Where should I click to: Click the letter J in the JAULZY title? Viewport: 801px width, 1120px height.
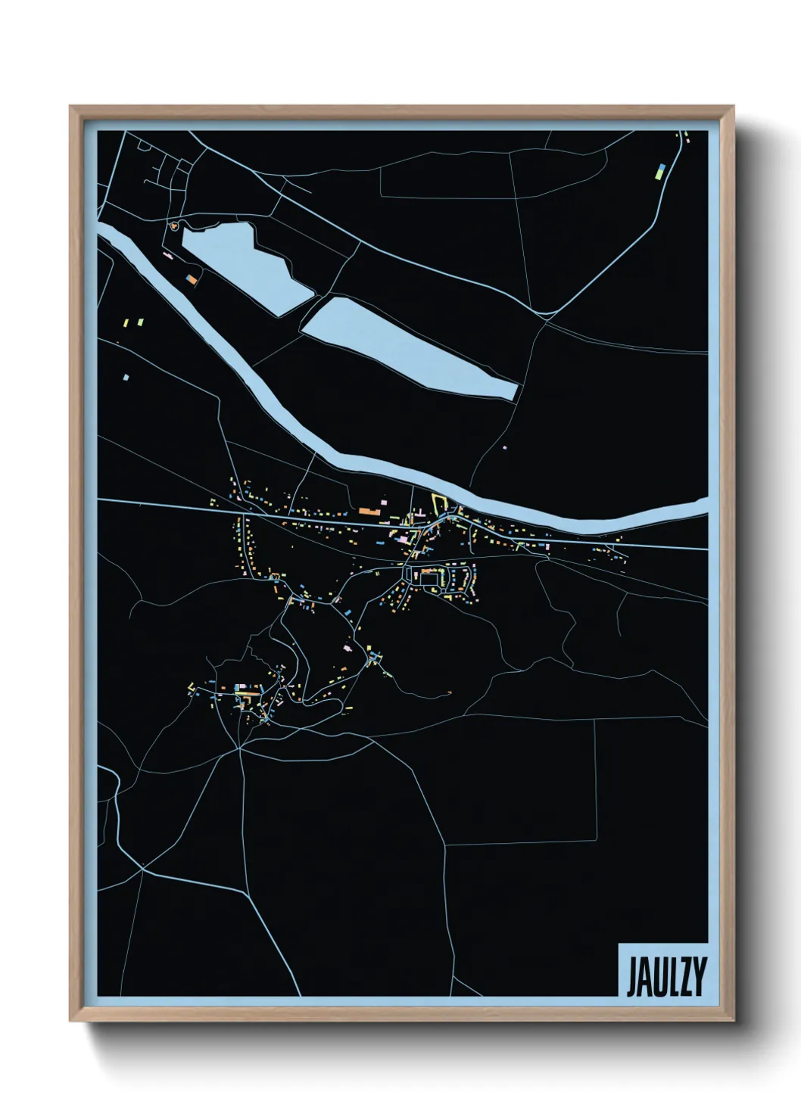coord(632,977)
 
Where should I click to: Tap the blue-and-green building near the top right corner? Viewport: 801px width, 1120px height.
coord(660,170)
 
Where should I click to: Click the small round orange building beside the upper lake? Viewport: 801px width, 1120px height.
coord(175,225)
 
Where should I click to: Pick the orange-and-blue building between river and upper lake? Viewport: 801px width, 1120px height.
coord(192,280)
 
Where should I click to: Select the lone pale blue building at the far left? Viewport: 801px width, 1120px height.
coord(126,376)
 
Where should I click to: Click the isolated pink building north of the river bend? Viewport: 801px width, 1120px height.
coord(505,447)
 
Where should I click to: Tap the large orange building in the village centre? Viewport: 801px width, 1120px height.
coord(369,512)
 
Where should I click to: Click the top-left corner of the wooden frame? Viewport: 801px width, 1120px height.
coord(72,107)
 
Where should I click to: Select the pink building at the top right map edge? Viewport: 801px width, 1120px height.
coord(687,141)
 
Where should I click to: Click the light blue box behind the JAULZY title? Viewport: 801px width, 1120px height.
coord(663,969)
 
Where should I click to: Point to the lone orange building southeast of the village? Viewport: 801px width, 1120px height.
coord(450,692)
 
